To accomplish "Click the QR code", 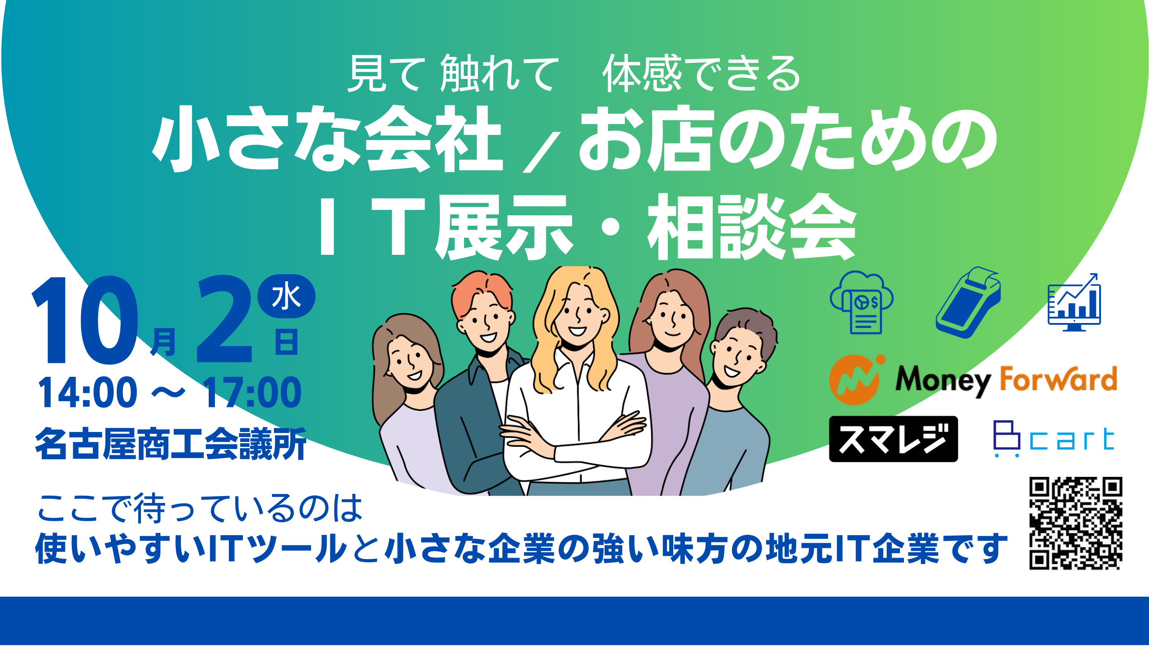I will click(x=1075, y=523).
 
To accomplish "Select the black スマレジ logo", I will click(x=893, y=439).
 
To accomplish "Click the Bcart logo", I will click(x=1054, y=439).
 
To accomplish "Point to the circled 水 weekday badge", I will click(x=286, y=297).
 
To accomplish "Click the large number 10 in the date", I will click(x=85, y=321).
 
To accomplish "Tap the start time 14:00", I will click(x=88, y=393).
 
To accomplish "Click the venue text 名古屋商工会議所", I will click(x=171, y=444).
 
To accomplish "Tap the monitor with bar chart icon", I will click(x=1074, y=303).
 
